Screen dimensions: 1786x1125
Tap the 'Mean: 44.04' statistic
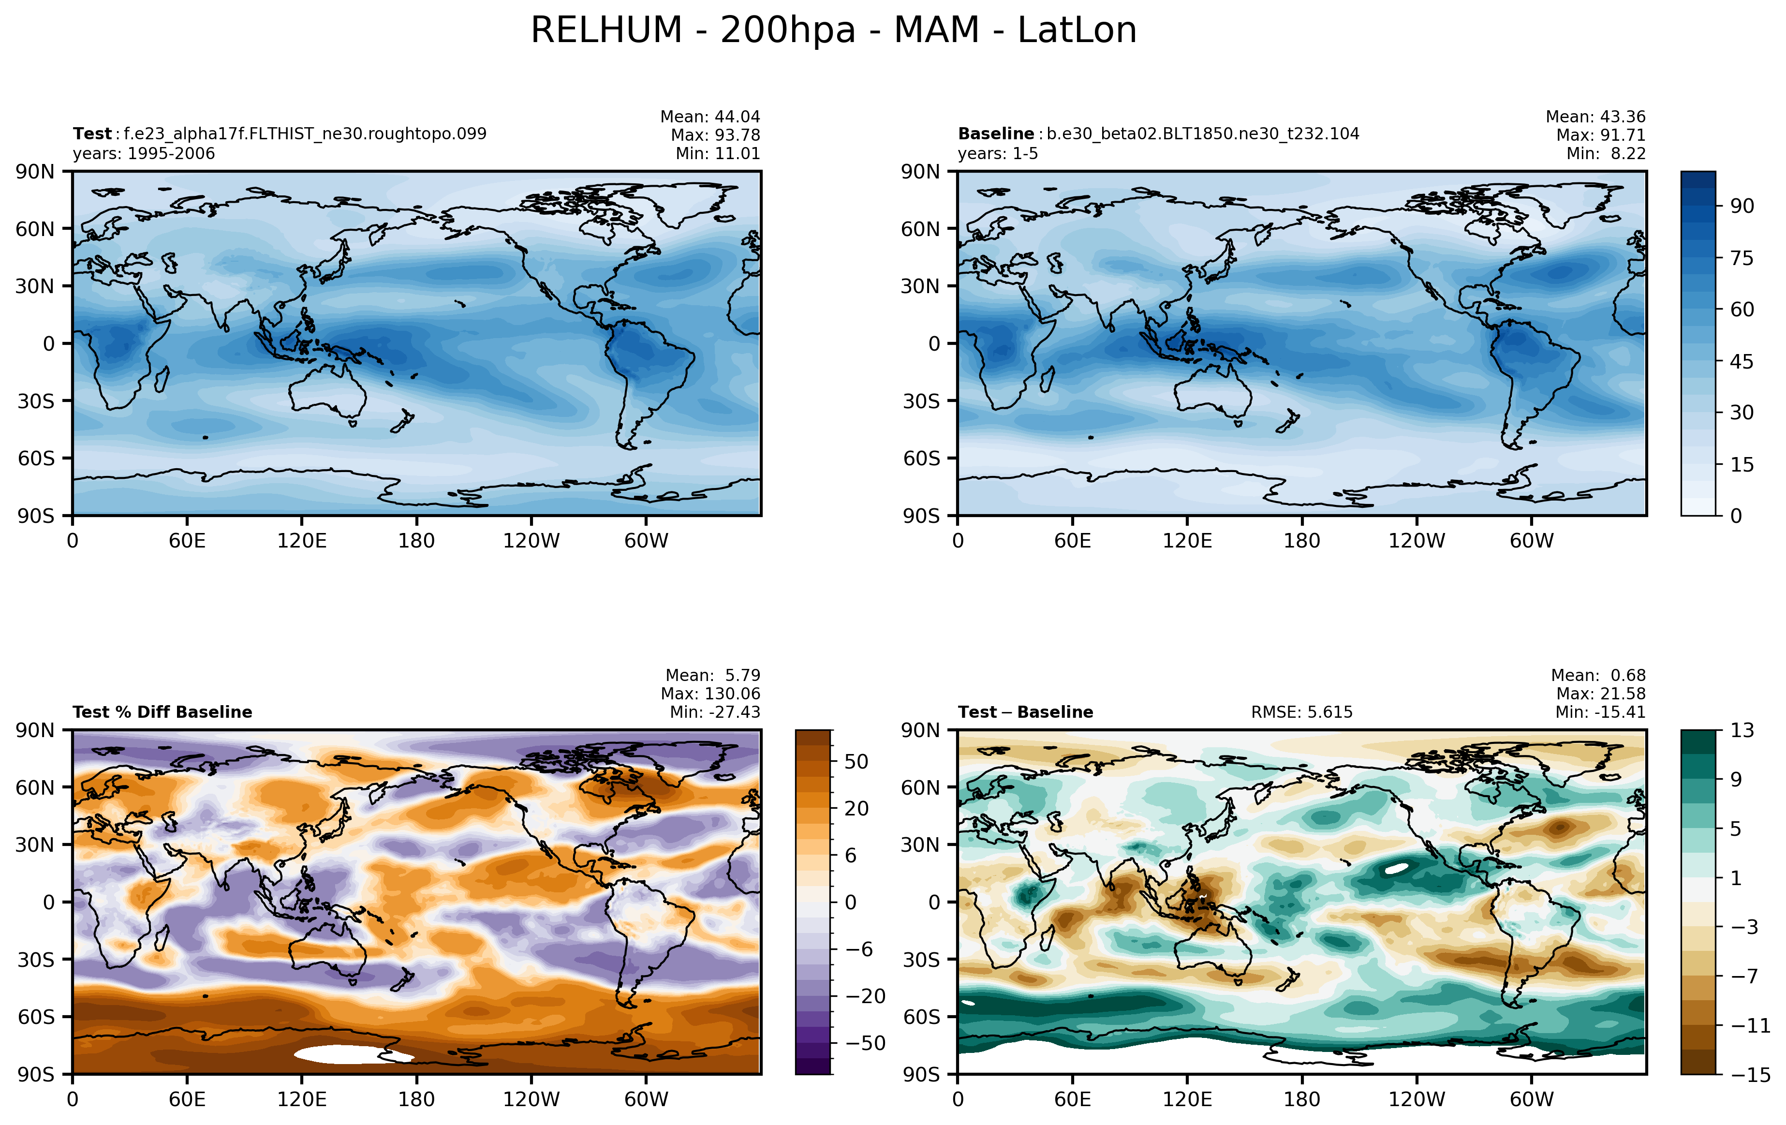pyautogui.click(x=710, y=117)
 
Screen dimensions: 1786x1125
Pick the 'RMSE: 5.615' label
pyautogui.click(x=1302, y=712)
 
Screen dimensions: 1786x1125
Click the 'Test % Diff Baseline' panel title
pyautogui.click(x=162, y=712)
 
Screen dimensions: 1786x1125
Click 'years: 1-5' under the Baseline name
pyautogui.click(x=998, y=153)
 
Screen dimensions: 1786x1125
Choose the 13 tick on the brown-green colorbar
pyautogui.click(x=1742, y=730)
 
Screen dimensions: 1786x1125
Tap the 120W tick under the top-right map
pyautogui.click(x=1417, y=541)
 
